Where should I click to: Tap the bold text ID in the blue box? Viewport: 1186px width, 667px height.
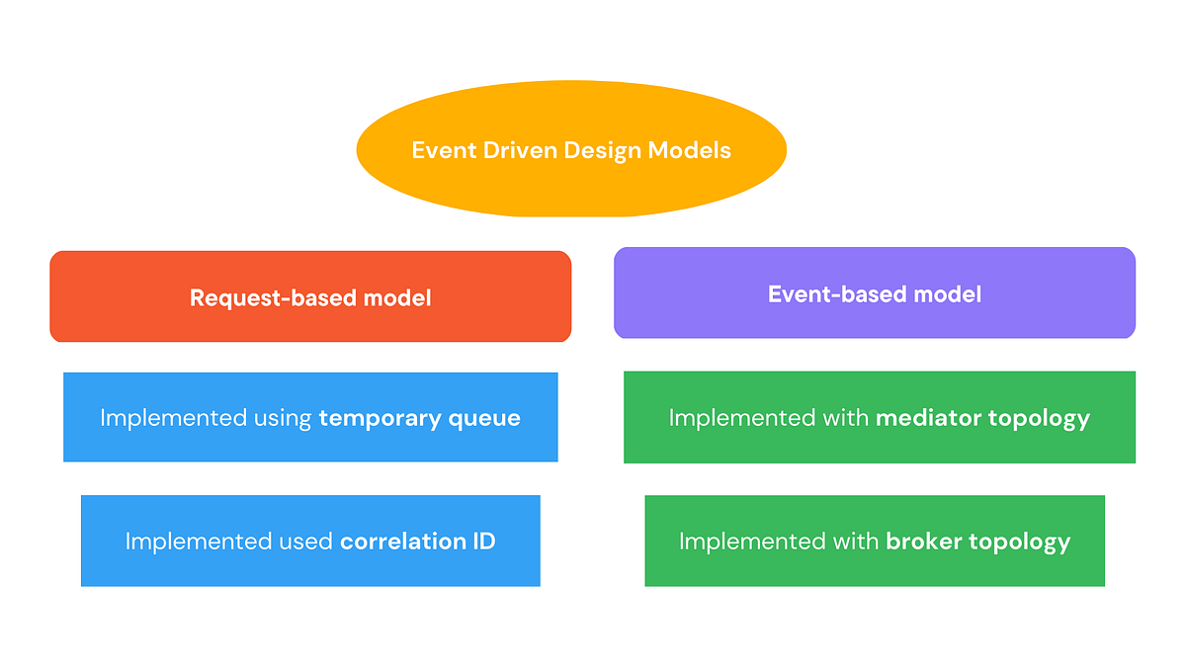pyautogui.click(x=484, y=542)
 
